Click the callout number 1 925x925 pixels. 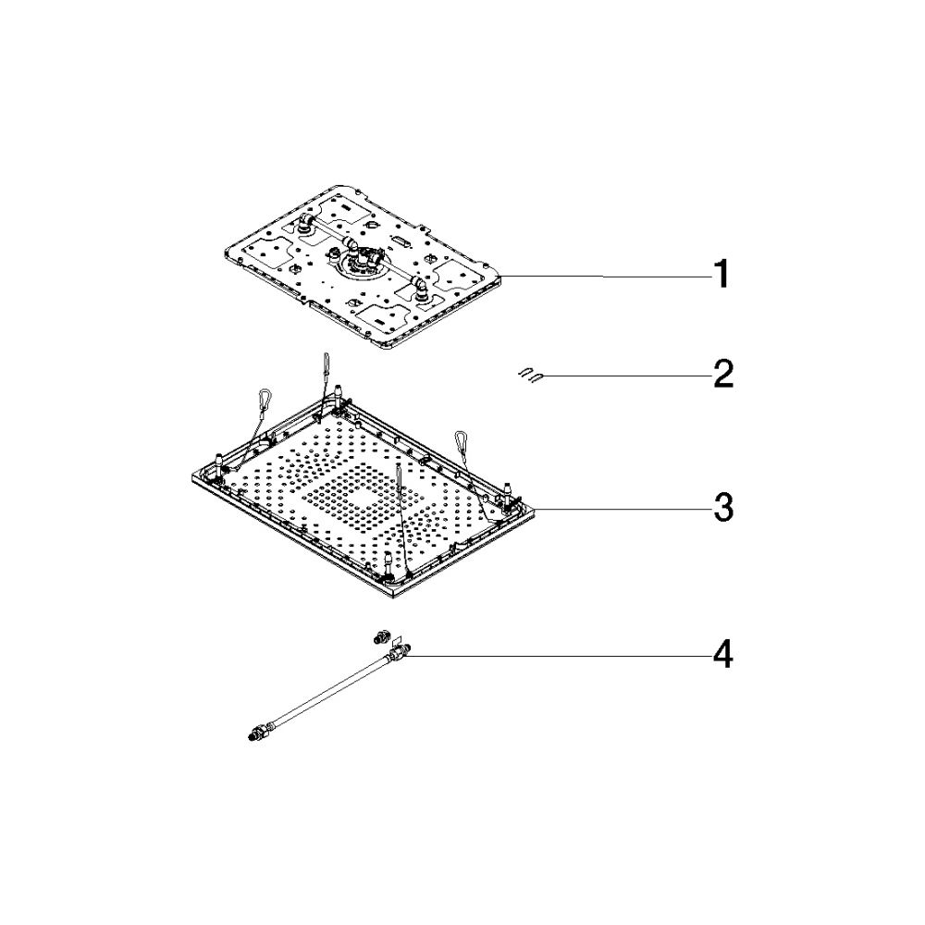721,275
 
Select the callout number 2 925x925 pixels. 722,374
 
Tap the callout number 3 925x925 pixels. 722,508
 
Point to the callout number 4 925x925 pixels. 722,655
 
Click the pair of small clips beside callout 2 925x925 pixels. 530,375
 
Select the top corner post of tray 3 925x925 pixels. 338,394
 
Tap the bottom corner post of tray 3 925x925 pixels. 388,561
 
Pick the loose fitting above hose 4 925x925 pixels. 380,637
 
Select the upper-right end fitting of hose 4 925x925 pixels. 399,652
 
